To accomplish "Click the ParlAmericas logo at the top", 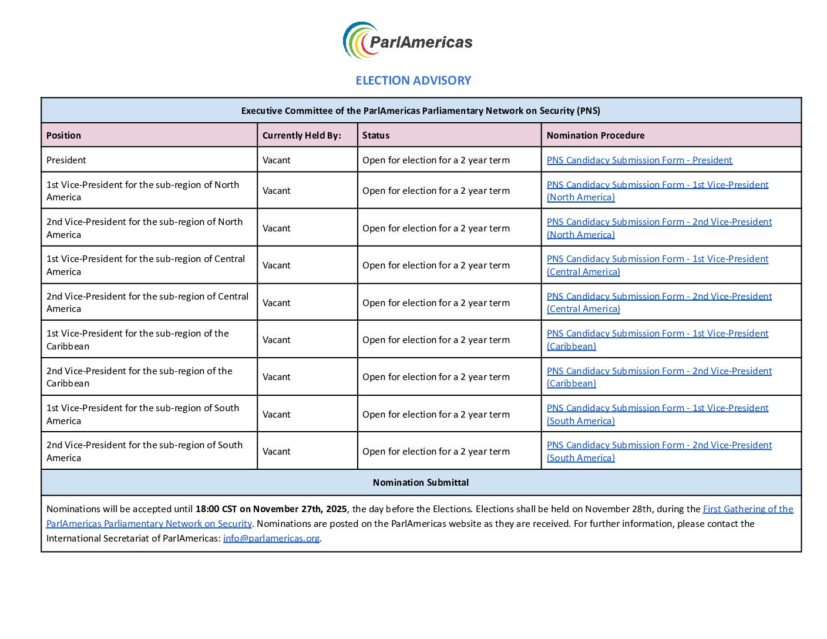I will [408, 41].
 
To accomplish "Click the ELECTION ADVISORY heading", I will [413, 80].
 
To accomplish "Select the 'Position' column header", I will [64, 136].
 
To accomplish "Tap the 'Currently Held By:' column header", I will [301, 136].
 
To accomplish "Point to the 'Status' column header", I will [376, 136].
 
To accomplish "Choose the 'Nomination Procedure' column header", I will [596, 136].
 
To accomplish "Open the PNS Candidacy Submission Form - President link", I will [639, 160].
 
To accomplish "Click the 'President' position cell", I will [66, 160].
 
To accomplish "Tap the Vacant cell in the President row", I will [277, 160].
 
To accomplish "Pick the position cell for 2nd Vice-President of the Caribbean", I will [139, 377].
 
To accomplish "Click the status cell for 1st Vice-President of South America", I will [436, 415].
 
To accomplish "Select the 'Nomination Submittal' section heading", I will [421, 483].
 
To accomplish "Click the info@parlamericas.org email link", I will [271, 539].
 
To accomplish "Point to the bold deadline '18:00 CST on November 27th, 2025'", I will [271, 509].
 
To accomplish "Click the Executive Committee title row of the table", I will [421, 111].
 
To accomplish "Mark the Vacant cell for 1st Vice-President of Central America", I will [277, 265].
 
